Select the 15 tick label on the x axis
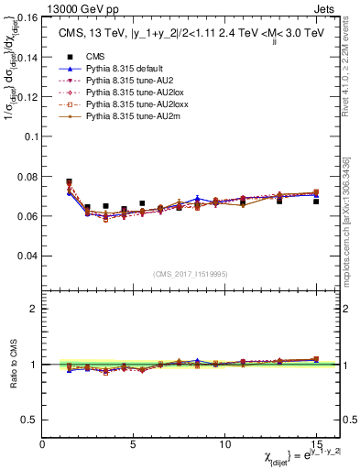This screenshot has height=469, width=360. (x=316, y=443)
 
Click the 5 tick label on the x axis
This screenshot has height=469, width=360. (x=134, y=443)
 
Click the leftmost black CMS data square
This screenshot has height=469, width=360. (x=70, y=182)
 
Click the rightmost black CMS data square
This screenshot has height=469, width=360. (x=316, y=201)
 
